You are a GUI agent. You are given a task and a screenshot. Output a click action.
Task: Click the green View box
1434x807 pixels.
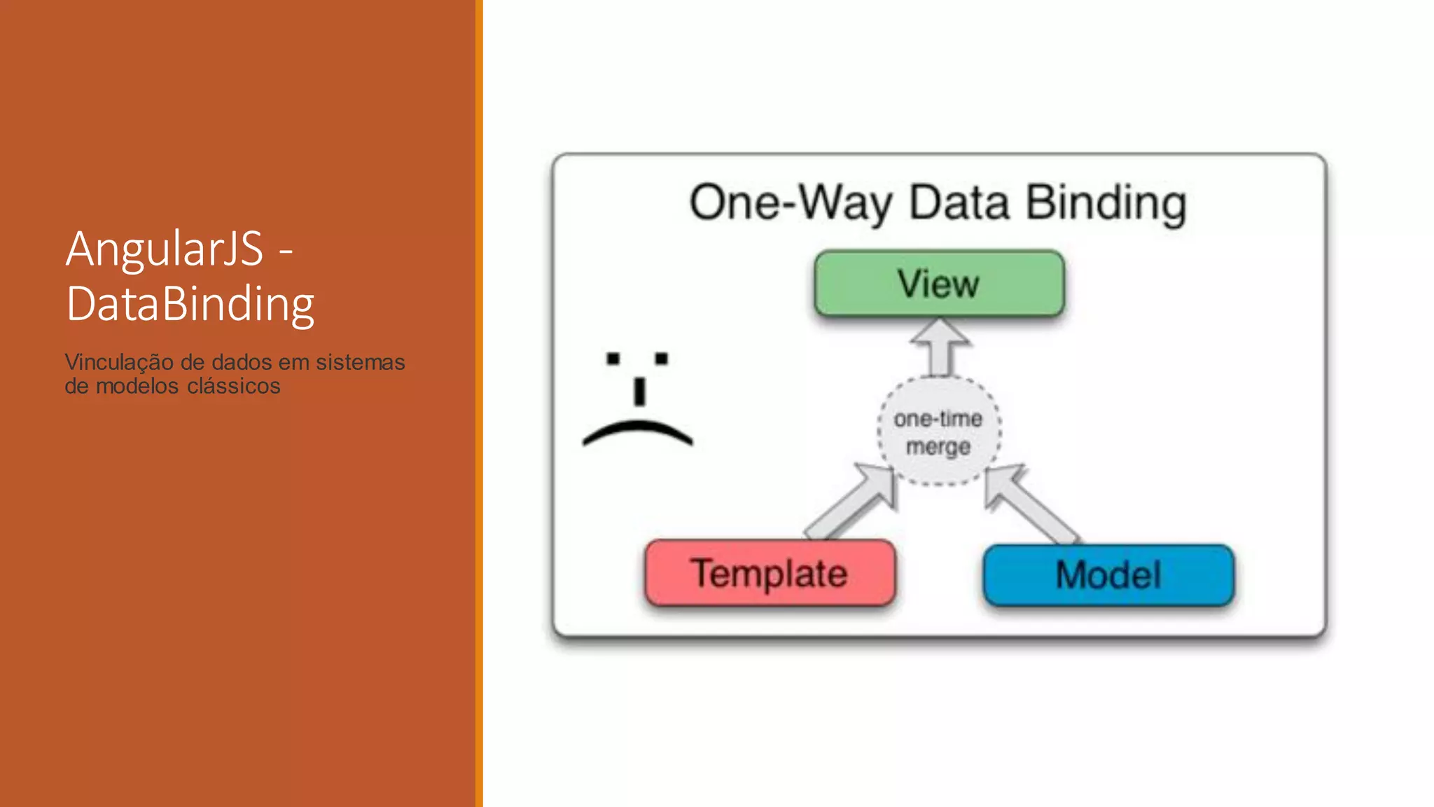[x=939, y=284]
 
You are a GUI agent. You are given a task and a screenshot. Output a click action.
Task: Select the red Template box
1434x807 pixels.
[x=770, y=573]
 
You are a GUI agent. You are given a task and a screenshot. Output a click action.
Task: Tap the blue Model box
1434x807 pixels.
[x=1108, y=575]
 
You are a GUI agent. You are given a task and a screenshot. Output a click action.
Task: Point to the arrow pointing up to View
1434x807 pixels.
[x=940, y=347]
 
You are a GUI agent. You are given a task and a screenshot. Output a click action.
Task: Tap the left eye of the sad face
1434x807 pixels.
[x=613, y=359]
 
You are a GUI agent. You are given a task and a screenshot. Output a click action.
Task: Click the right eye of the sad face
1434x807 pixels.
[x=661, y=359]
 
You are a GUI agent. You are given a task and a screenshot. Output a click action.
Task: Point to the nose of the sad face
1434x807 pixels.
[x=639, y=392]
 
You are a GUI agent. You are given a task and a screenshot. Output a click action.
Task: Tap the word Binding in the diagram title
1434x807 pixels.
[x=1106, y=203]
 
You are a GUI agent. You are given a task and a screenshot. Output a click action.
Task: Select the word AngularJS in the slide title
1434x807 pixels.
[x=165, y=249]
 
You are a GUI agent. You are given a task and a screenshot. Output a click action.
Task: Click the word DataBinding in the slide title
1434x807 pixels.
[x=190, y=304]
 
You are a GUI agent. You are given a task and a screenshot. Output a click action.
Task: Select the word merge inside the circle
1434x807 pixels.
[x=938, y=446]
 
